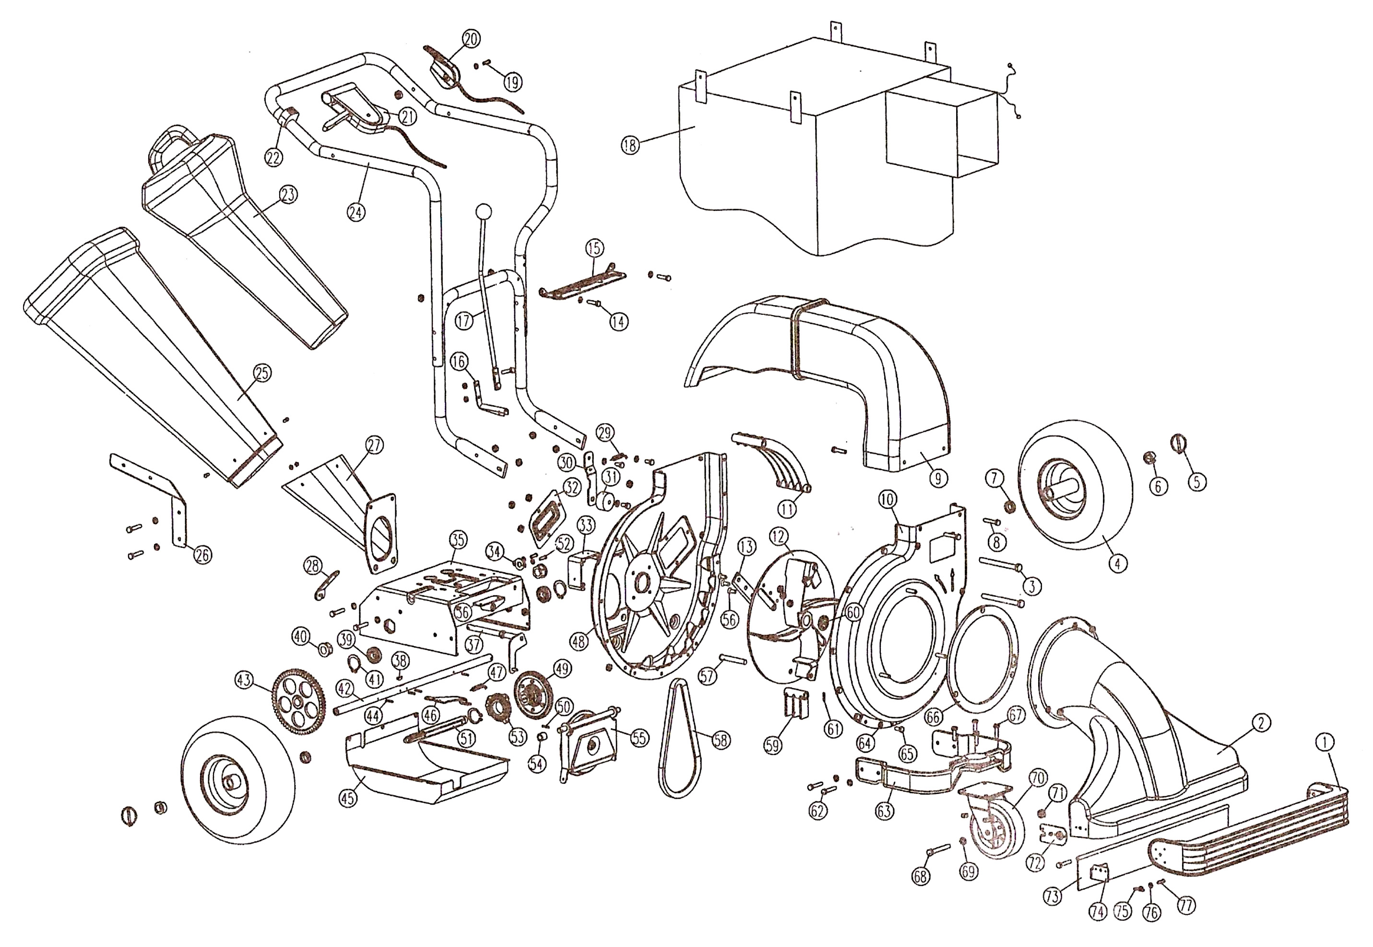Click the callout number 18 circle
[x=630, y=144]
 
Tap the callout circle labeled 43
[x=244, y=680]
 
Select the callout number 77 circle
[x=1187, y=905]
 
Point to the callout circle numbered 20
[x=471, y=39]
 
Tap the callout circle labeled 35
[x=458, y=540]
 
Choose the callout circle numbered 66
[x=933, y=717]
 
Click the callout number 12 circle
[x=779, y=537]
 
